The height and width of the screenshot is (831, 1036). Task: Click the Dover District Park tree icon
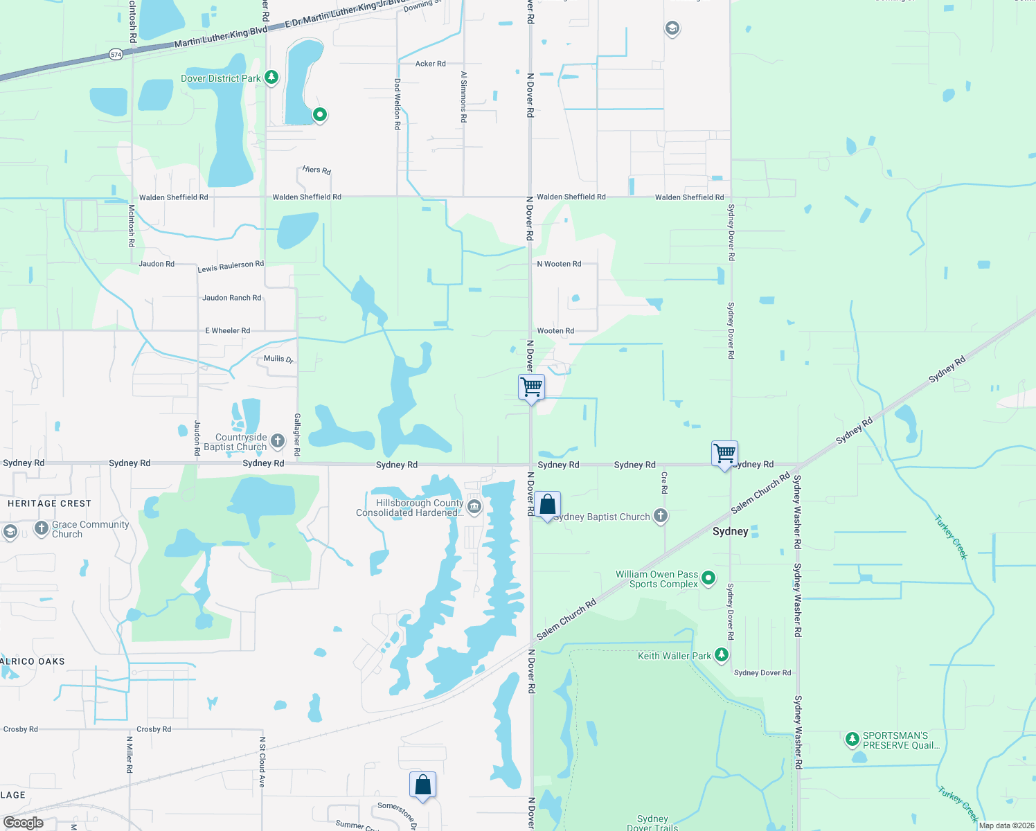point(271,78)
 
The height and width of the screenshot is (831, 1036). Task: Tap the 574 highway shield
point(116,54)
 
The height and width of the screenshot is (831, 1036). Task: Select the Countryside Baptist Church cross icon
point(277,440)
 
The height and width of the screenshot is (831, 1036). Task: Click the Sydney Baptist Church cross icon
point(661,515)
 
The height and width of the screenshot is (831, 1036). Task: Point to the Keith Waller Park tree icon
point(722,654)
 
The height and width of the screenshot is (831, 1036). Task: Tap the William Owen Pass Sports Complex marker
point(708,578)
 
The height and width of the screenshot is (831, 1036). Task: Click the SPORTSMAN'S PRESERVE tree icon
point(852,740)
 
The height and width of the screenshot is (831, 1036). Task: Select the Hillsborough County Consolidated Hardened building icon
point(474,508)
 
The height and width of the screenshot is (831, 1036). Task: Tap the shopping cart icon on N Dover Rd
point(531,386)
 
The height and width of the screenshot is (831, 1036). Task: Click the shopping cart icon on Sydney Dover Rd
point(724,454)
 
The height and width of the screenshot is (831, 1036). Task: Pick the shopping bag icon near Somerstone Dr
point(422,785)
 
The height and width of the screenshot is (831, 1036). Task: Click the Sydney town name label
point(731,531)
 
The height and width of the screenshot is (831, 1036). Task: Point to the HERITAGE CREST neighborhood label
point(49,503)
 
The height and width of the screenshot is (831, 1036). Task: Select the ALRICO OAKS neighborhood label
point(33,661)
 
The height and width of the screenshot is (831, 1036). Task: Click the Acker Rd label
point(430,64)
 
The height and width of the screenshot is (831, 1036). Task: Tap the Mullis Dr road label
point(278,359)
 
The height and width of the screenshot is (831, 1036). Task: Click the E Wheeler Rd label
point(227,331)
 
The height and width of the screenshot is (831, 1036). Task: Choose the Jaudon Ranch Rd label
point(231,298)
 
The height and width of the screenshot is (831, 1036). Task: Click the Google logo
point(23,823)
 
